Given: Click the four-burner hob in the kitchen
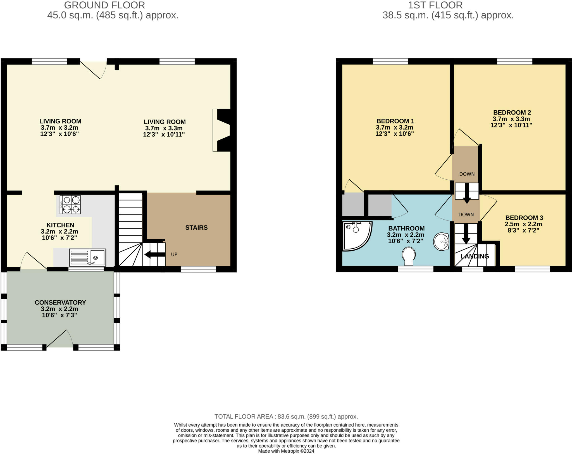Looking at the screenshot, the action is [x=70, y=205].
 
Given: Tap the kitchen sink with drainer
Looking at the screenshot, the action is [x=87, y=257].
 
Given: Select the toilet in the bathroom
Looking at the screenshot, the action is [x=409, y=256].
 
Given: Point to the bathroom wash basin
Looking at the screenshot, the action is [x=441, y=241].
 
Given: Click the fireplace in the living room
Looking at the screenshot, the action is [x=222, y=130].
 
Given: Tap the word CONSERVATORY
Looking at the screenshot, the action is [x=60, y=302].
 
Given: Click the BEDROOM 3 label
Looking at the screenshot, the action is [x=524, y=218].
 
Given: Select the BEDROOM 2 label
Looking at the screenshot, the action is [x=512, y=113].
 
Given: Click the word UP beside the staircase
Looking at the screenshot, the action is [x=174, y=255].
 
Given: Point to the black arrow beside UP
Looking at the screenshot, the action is [x=154, y=255].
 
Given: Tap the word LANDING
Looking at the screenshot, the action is [x=475, y=256].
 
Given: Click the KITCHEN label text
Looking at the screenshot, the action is [x=60, y=225].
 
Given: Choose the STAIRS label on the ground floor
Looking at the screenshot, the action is [x=196, y=228].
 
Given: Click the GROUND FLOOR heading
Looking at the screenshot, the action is [x=104, y=5].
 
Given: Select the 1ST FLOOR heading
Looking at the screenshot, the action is [x=435, y=5].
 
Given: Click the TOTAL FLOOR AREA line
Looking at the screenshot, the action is [x=286, y=417].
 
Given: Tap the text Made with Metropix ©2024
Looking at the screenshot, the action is [x=286, y=451].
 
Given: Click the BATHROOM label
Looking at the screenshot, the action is [x=406, y=228].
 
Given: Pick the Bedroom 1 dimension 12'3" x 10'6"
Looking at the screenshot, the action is [x=394, y=134].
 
